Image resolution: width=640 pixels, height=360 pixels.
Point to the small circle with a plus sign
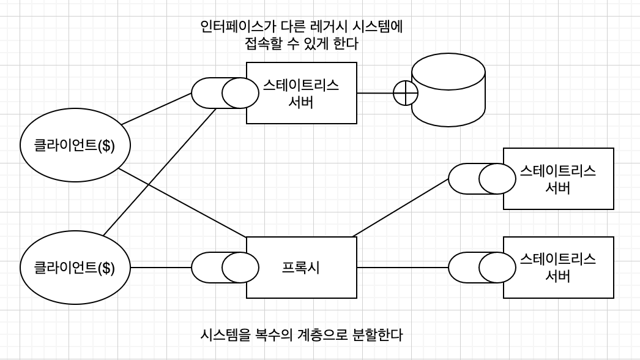pyautogui.click(x=406, y=93)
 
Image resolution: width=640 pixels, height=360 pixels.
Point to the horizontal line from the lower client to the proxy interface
pyautogui.click(x=160, y=268)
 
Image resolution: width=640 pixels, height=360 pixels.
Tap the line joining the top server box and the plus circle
pyautogui.click(x=374, y=93)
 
